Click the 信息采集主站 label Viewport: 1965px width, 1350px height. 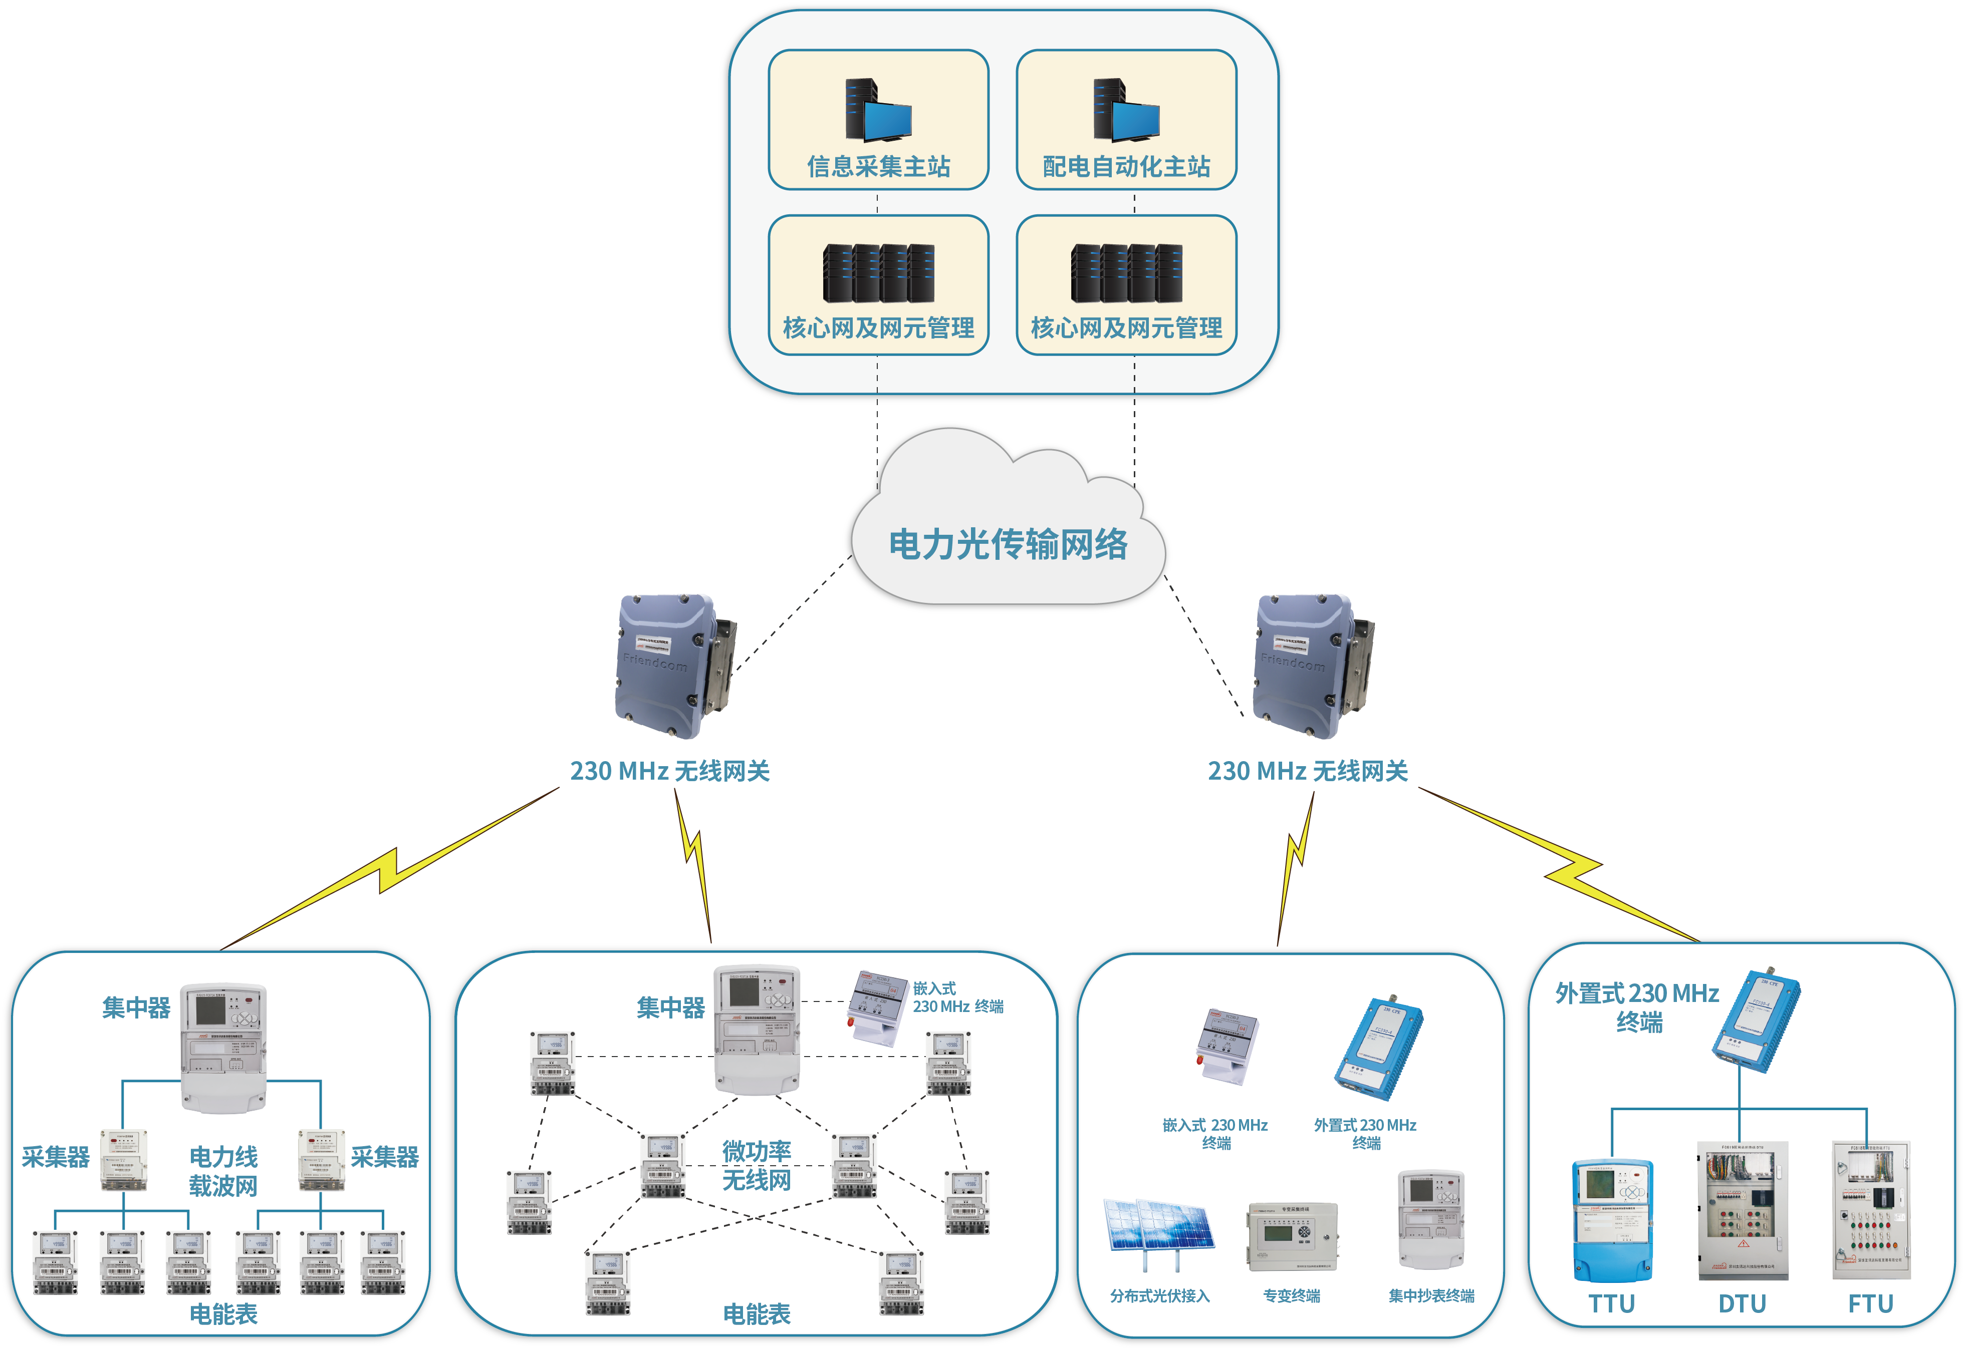coord(878,167)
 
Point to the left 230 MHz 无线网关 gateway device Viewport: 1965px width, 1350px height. coord(673,666)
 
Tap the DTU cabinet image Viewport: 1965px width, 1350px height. coord(1742,1210)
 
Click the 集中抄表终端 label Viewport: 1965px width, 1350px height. coord(1430,1296)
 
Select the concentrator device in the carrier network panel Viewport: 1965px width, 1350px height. coord(223,1047)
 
